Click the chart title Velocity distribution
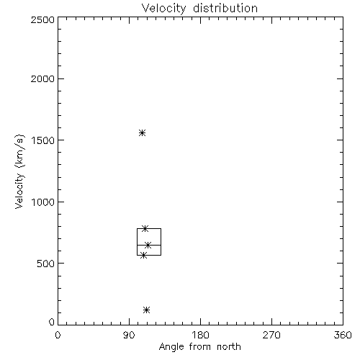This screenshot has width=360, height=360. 199,9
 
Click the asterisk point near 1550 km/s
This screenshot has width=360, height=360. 143,132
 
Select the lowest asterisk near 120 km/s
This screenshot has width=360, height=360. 147,310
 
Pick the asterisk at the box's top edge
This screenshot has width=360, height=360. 145,228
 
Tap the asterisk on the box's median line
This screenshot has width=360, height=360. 148,245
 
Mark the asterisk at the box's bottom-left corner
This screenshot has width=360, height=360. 143,255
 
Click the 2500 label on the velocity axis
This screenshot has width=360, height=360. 42,19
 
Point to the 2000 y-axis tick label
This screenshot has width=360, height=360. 42,78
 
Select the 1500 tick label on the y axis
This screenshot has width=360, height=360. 43,140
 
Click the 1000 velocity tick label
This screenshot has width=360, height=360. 43,202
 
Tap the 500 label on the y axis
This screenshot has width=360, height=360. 46,264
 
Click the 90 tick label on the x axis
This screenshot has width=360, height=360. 129,335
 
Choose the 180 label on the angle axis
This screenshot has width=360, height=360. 200,335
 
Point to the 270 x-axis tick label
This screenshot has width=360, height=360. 271,335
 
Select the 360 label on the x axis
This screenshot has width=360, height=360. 343,335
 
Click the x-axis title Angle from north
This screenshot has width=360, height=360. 200,347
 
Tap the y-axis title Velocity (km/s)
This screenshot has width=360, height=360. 19,171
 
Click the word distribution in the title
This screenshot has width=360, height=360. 225,8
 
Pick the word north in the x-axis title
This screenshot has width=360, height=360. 229,346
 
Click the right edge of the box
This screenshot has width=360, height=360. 161,242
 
